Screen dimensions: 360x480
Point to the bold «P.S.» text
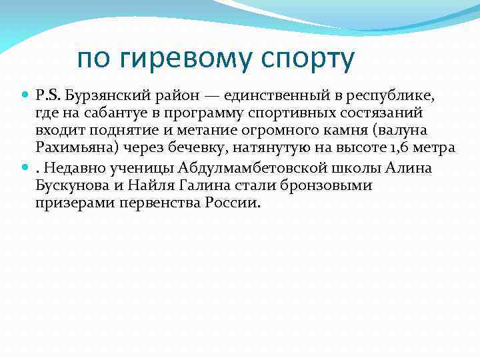click(x=47, y=96)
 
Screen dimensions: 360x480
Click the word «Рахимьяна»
click(x=70, y=149)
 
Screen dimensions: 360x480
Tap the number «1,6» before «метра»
click(x=409, y=149)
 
